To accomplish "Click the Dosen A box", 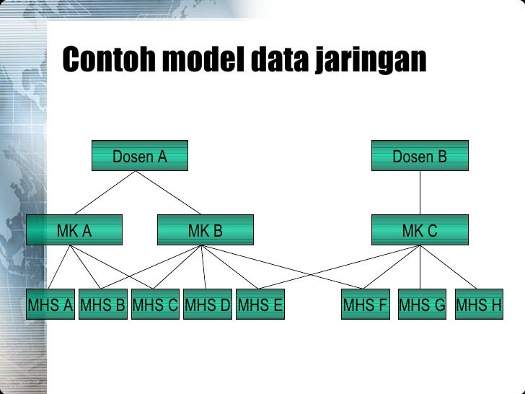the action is tap(139, 155).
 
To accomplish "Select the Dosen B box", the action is tap(420, 155).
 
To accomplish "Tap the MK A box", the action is tap(74, 230).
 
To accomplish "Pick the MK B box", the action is tap(206, 230).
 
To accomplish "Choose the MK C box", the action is tap(420, 230).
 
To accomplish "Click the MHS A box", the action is tap(50, 305).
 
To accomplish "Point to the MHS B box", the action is tap(102, 305).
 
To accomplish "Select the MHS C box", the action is tap(155, 305).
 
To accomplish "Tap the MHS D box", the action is tap(208, 305).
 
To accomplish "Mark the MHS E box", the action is tap(260, 305).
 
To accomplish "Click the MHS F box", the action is tap(365, 305).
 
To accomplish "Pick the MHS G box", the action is tap(423, 305).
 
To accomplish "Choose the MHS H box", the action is tap(479, 305).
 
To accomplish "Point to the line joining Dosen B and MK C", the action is tap(420, 193).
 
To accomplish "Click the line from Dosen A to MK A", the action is tap(106, 193).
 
